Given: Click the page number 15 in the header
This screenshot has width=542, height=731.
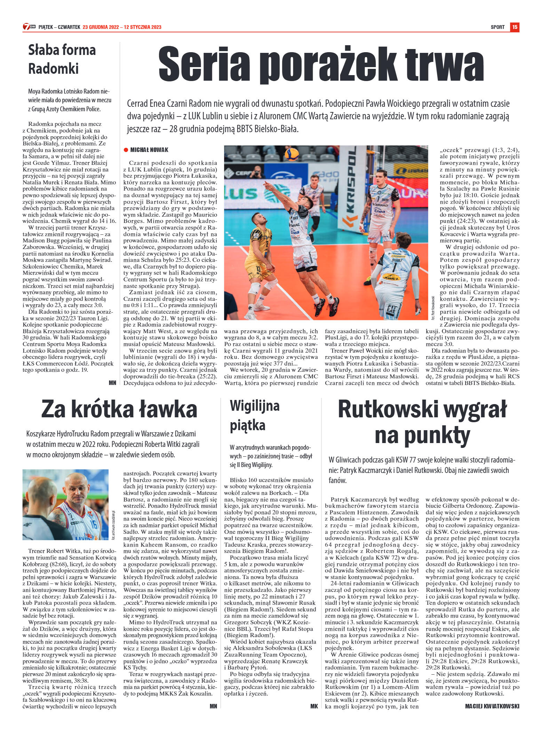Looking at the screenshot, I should pyautogui.click(x=515, y=27).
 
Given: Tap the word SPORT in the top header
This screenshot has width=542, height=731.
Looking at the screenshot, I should pyautogui.click(x=497, y=27).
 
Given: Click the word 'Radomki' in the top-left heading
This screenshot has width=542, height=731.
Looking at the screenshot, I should pyautogui.click(x=53, y=69).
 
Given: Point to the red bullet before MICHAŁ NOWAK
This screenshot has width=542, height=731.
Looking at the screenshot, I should pyautogui.click(x=126, y=150).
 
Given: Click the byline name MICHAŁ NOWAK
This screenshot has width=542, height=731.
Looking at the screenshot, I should pyautogui.click(x=149, y=150).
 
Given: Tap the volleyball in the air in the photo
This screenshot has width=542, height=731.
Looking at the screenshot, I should pyautogui.click(x=292, y=154).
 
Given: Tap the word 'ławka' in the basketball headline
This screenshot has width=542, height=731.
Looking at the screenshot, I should pyautogui.click(x=168, y=409).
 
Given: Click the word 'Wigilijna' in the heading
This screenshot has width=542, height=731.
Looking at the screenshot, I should pyautogui.click(x=255, y=406).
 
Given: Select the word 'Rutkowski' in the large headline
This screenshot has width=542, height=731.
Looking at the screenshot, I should pyautogui.click(x=387, y=410).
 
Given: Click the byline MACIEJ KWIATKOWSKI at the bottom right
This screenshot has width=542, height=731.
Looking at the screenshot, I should pyautogui.click(x=492, y=706).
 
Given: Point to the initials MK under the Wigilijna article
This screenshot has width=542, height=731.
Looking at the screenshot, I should pyautogui.click(x=314, y=706).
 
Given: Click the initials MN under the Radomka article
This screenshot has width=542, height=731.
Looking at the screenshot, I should pyautogui.click(x=112, y=383).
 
